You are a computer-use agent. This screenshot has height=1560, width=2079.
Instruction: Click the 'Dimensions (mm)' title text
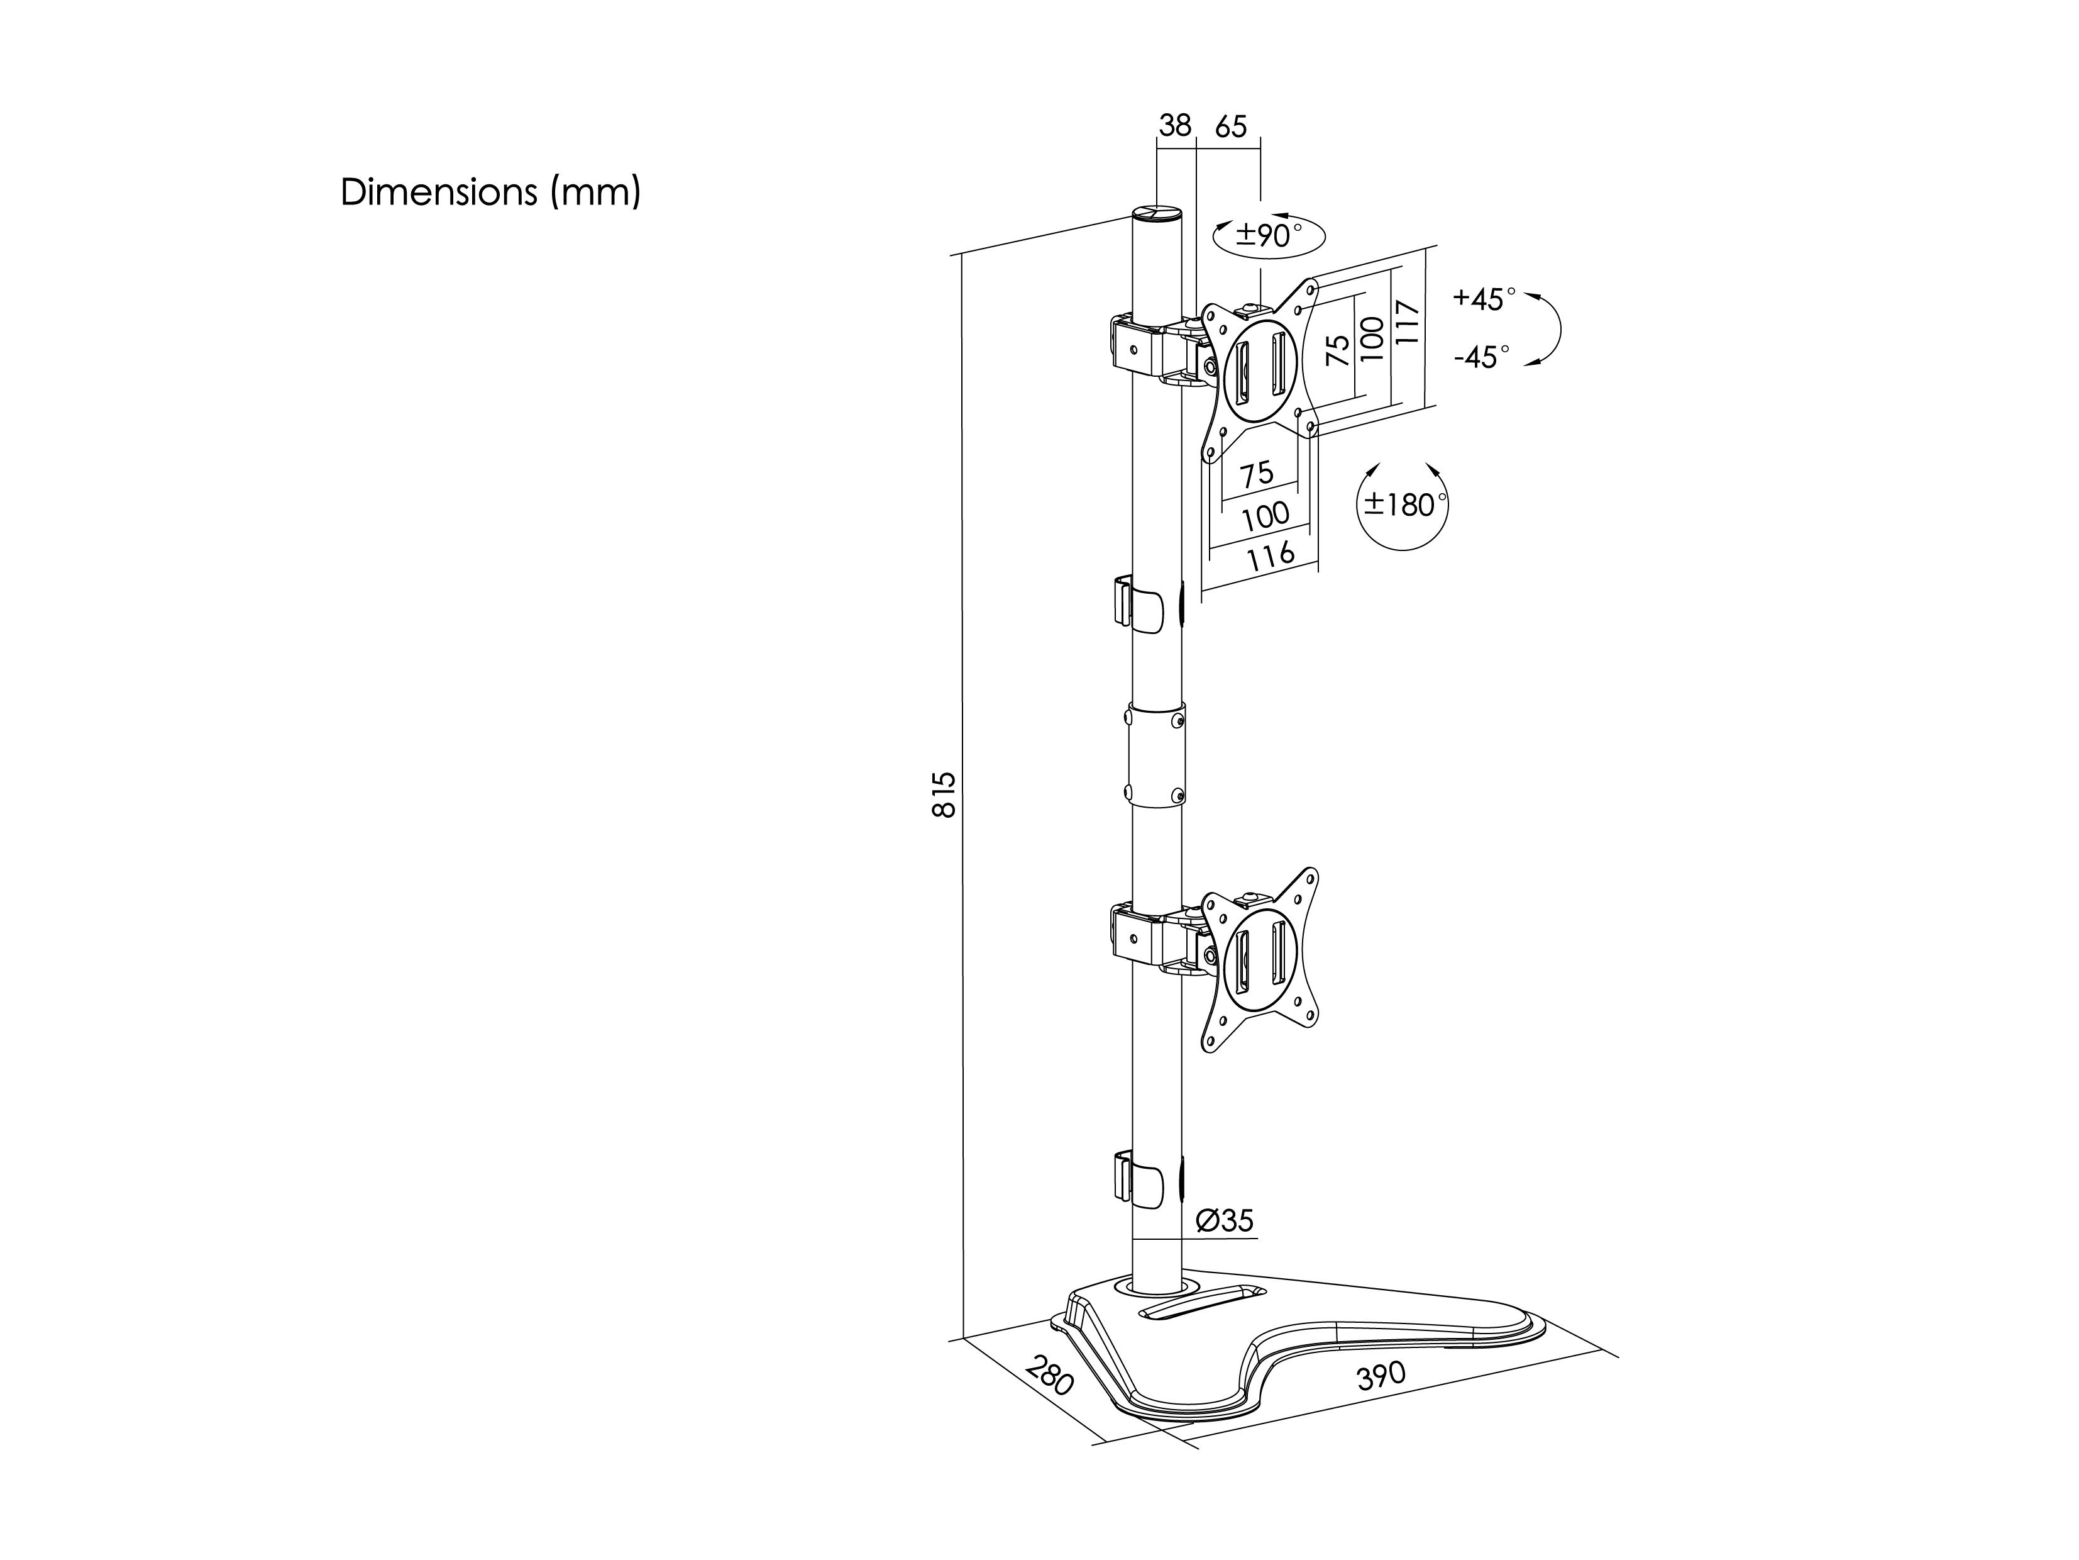click(x=490, y=192)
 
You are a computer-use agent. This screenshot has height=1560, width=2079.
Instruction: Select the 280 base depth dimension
click(x=1050, y=1376)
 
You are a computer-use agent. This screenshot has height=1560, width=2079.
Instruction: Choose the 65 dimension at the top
click(x=1230, y=125)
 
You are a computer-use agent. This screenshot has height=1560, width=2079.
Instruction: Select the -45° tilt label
click(x=1481, y=357)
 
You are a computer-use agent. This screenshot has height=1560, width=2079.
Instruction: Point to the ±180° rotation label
click(x=1401, y=505)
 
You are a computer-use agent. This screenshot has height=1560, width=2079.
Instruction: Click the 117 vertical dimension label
click(x=1406, y=323)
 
